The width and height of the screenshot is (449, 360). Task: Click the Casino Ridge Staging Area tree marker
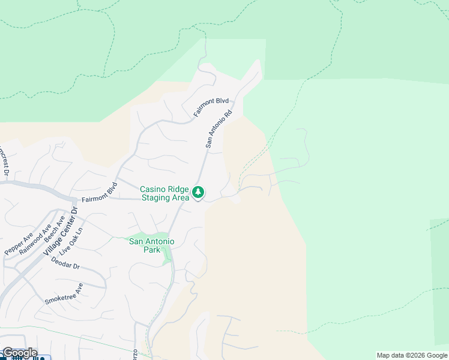pyautogui.click(x=198, y=193)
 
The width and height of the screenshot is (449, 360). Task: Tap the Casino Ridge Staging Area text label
pyautogui.click(x=164, y=193)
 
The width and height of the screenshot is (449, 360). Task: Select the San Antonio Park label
pyautogui.click(x=152, y=245)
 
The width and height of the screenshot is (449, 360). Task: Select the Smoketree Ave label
pyautogui.click(x=64, y=293)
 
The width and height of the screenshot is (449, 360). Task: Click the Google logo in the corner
pyautogui.click(x=19, y=353)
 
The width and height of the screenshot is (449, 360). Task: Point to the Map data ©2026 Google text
pyautogui.click(x=412, y=355)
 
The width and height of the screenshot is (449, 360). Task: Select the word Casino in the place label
pyautogui.click(x=152, y=189)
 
